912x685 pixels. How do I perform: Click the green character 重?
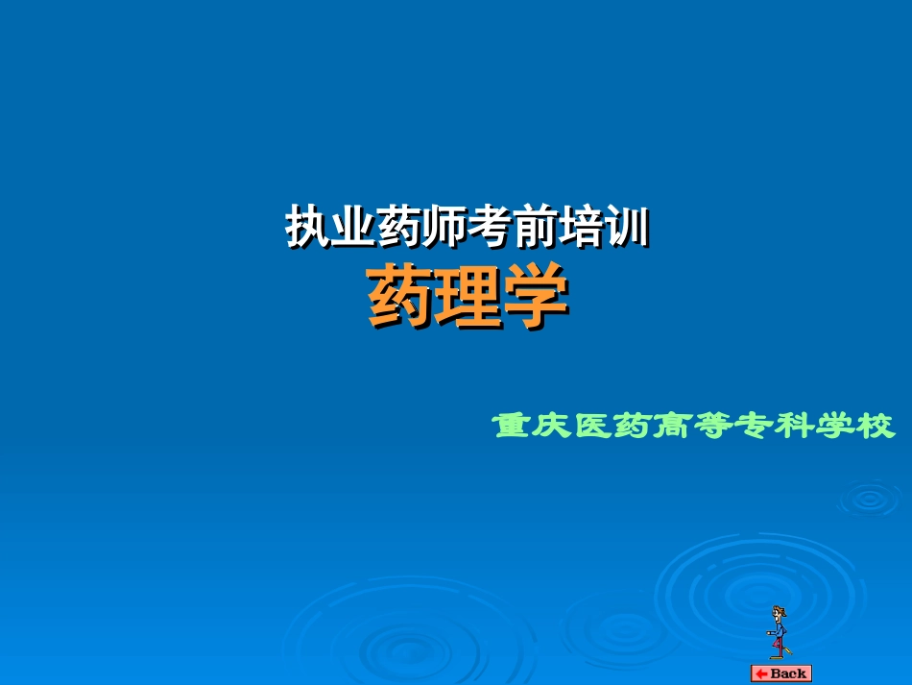pos(514,425)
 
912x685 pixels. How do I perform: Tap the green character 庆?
pos(554,425)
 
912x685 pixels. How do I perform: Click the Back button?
pos(780,673)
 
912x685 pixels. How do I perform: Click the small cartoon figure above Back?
pos(778,632)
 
